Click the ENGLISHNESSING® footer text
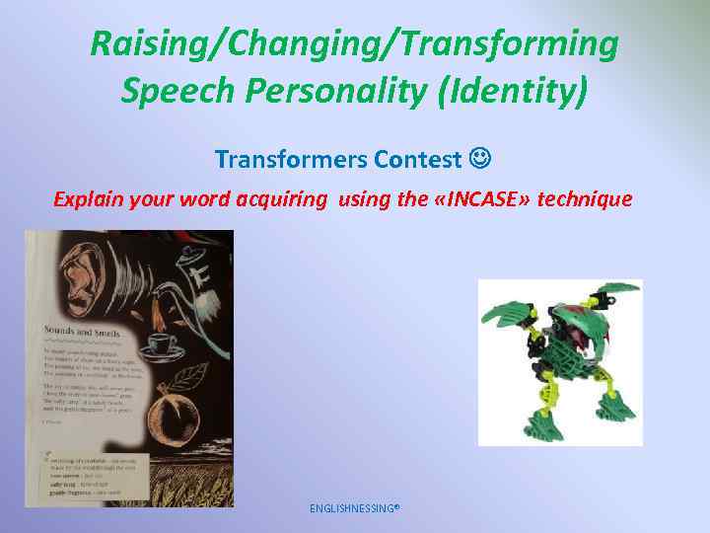(x=354, y=508)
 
